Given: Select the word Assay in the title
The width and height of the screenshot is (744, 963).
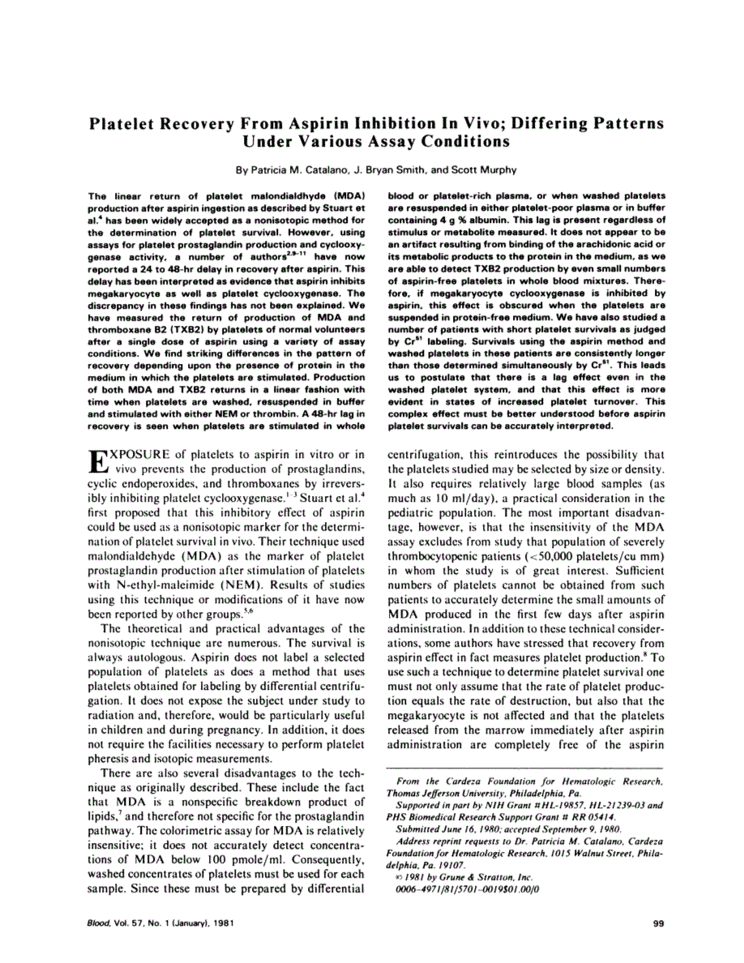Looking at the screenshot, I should (386, 141).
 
